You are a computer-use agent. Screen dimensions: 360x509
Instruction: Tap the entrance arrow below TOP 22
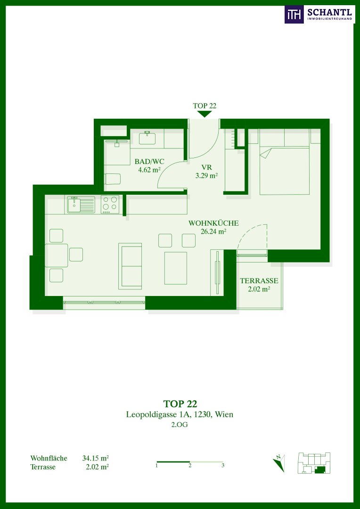coord(205,114)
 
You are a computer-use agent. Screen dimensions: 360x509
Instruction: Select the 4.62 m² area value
coord(149,170)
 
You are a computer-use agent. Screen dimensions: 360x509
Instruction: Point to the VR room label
coord(206,168)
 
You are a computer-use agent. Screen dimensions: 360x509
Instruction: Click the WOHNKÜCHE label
coord(214,223)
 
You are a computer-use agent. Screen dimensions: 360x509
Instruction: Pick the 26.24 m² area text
coord(214,231)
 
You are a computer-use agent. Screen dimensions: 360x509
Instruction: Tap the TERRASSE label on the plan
coord(259,281)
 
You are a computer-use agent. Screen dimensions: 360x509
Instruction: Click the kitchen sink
coord(81,205)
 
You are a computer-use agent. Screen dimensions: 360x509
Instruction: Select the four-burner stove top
coord(110,204)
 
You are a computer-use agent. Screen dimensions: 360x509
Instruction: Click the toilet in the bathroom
coord(113,179)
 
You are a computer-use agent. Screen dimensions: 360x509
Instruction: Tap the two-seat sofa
coord(130,266)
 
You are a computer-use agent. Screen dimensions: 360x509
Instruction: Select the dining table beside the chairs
coord(57,255)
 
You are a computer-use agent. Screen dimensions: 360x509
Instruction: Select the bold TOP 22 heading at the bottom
coord(180,404)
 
